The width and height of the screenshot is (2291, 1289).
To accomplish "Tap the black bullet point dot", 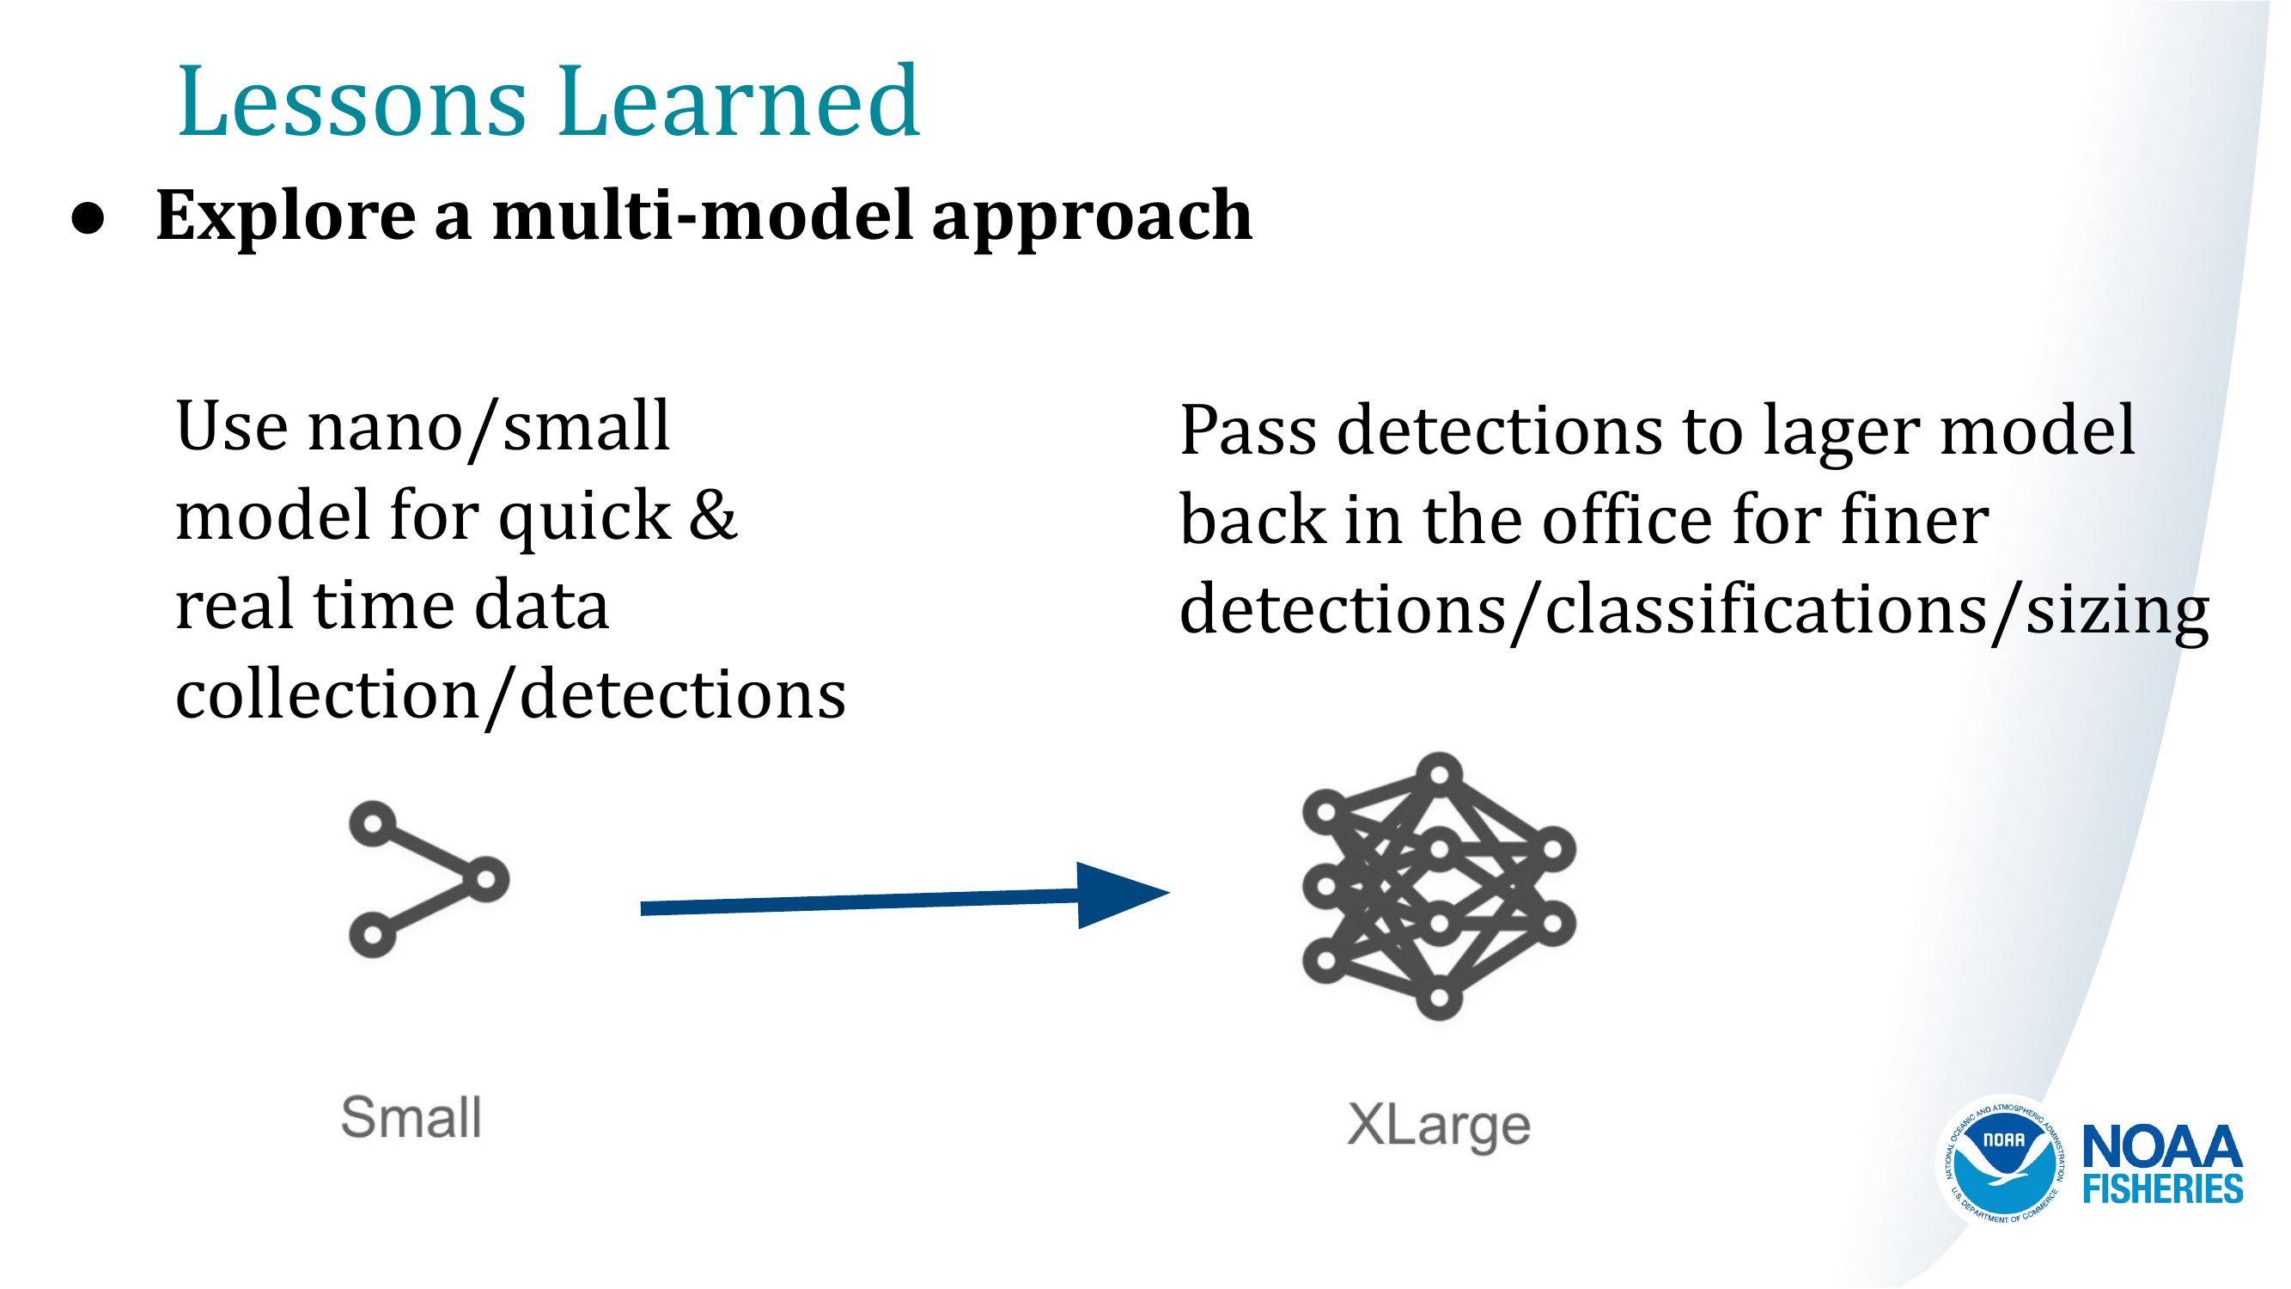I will point(88,219).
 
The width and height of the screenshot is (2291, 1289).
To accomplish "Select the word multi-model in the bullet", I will point(703,217).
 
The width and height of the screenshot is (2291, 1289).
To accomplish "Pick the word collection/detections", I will point(510,696).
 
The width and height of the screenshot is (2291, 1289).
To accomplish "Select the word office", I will point(1627,521).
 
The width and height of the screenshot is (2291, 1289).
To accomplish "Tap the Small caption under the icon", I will point(411,1117).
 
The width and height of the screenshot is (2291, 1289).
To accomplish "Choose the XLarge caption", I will point(1438,1126).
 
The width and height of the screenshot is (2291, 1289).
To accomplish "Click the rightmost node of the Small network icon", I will point(485,880).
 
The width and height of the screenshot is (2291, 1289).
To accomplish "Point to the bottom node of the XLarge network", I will point(1439,998).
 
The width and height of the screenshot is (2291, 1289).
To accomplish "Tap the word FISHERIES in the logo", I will point(2162,1189).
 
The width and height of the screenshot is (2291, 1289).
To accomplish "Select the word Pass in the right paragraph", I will point(1248,431).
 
